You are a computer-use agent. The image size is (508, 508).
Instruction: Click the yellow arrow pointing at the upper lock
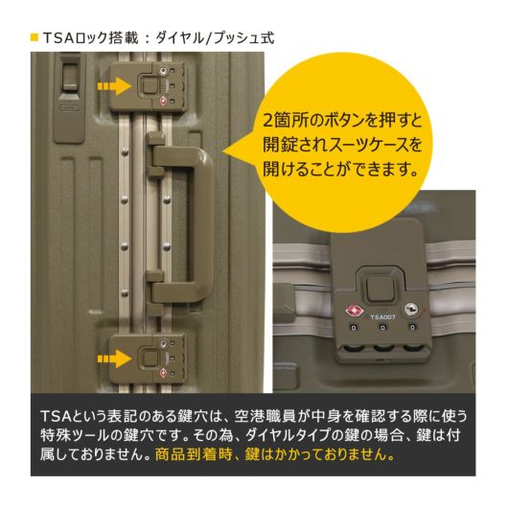click(114, 86)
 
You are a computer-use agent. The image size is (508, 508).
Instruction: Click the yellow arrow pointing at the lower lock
click(114, 358)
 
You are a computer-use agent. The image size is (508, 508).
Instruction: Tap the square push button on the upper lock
click(150, 85)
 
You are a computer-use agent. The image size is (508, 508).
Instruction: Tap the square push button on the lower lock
click(150, 358)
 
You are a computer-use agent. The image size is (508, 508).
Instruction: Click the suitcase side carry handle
click(182, 223)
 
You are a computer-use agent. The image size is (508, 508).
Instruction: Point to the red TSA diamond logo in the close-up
click(354, 311)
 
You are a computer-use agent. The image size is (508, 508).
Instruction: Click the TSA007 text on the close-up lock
click(382, 317)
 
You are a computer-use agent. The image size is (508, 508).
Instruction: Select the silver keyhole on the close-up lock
click(410, 309)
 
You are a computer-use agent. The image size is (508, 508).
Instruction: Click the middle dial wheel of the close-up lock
click(383, 348)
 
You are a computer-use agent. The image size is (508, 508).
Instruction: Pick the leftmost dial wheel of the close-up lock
click(354, 348)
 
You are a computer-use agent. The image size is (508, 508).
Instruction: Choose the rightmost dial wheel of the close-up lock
click(413, 348)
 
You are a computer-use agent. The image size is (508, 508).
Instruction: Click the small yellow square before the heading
click(35, 37)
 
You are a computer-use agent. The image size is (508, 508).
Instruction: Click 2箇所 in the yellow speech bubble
click(285, 121)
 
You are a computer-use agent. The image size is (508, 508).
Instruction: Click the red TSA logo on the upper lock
click(163, 101)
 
